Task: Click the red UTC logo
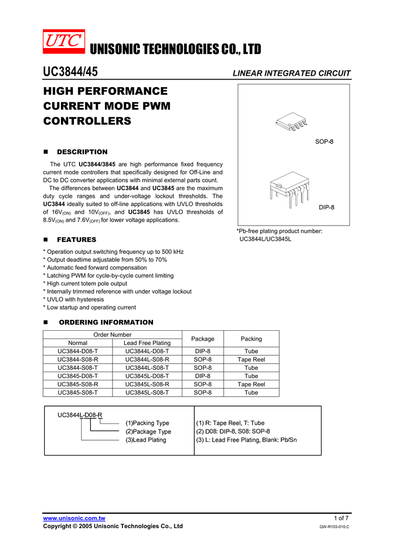click(x=64, y=41)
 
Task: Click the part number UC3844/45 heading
click(x=70, y=72)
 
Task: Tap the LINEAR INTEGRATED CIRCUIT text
click(x=292, y=74)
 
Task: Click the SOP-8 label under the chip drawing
click(x=324, y=142)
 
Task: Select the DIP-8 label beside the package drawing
click(x=327, y=208)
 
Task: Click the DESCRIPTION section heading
click(x=82, y=152)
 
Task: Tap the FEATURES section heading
click(x=76, y=240)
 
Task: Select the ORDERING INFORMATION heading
click(x=106, y=323)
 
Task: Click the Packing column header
click(x=251, y=339)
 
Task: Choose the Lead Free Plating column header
click(x=147, y=343)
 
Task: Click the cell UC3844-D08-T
click(x=78, y=351)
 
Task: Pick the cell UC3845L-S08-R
click(x=147, y=384)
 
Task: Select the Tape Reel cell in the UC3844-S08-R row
click(x=251, y=360)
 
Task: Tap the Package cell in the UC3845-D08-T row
click(x=203, y=376)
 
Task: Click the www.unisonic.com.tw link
click(x=74, y=518)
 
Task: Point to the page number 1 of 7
click(x=341, y=518)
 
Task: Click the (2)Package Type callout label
click(x=148, y=432)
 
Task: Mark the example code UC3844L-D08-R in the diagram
click(x=80, y=415)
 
